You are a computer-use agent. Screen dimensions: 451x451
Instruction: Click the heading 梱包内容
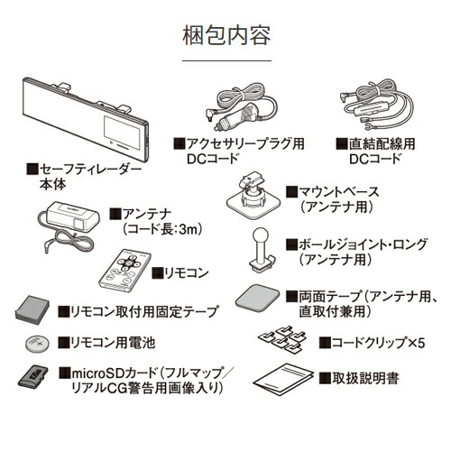point(225,38)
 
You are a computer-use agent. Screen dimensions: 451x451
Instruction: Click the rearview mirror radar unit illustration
point(86,120)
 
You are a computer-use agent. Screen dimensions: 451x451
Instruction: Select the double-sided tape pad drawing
point(255,297)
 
